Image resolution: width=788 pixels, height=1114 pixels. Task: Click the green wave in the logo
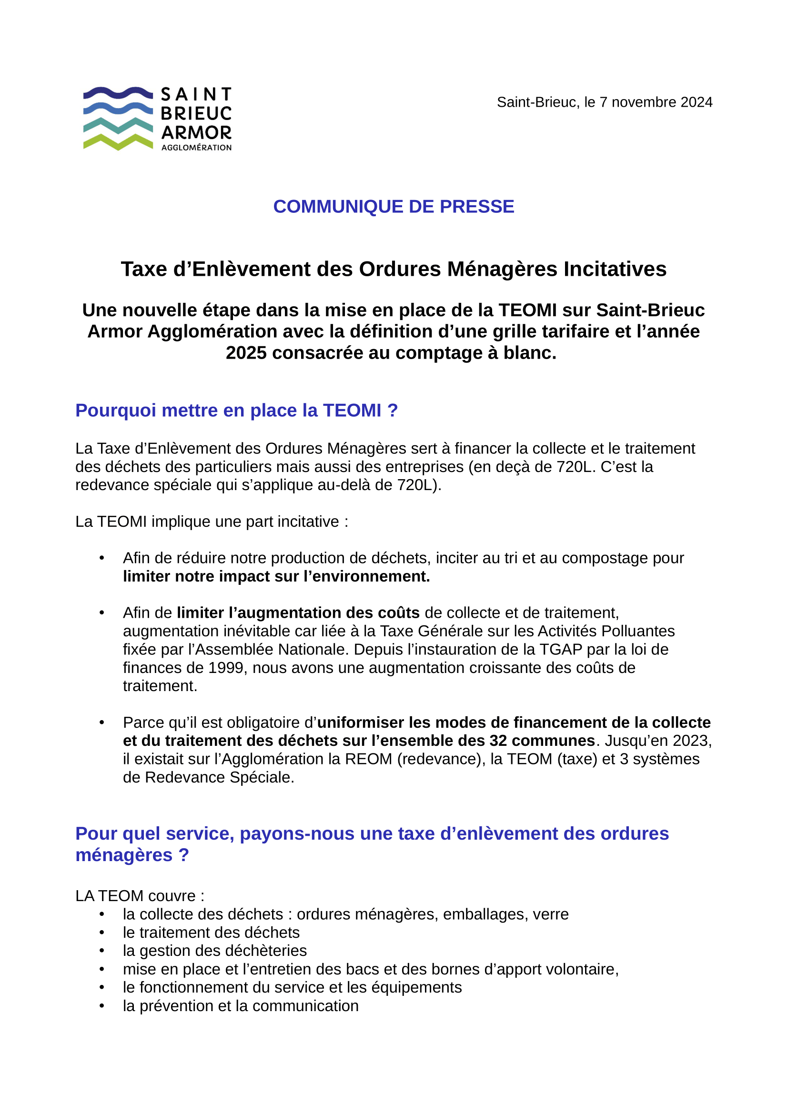[x=118, y=141]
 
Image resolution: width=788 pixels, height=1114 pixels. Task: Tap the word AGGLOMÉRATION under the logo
[x=196, y=148]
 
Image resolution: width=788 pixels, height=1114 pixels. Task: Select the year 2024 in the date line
[x=697, y=102]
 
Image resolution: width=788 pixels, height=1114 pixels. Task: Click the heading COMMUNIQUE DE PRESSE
[x=394, y=207]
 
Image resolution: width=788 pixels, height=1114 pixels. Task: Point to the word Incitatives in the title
[x=615, y=269]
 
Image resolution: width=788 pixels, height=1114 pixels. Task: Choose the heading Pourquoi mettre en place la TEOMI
[x=236, y=411]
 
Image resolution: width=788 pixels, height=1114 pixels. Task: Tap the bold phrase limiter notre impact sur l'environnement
[x=276, y=576]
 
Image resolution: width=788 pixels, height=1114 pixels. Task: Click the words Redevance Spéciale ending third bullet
[x=219, y=777]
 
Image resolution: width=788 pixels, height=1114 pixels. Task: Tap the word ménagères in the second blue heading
[x=124, y=855]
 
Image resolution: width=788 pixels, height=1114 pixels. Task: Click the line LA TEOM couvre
[x=140, y=896]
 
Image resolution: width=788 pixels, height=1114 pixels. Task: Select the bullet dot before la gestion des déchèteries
[x=102, y=951]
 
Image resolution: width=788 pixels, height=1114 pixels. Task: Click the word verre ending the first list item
[x=550, y=914]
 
